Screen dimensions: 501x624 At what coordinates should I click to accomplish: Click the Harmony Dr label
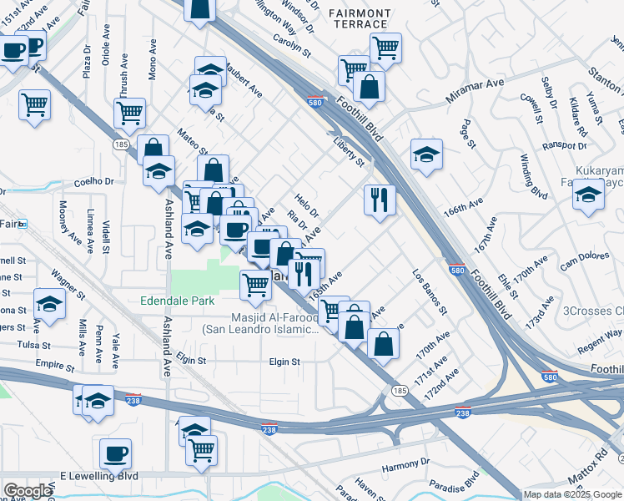[405, 462]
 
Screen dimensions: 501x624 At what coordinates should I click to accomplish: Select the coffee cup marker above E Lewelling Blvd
[115, 453]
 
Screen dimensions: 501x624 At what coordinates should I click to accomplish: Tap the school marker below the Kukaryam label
[588, 195]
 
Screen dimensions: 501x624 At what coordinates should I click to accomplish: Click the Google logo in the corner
[28, 491]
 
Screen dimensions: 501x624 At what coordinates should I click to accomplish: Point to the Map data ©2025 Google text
[572, 494]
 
